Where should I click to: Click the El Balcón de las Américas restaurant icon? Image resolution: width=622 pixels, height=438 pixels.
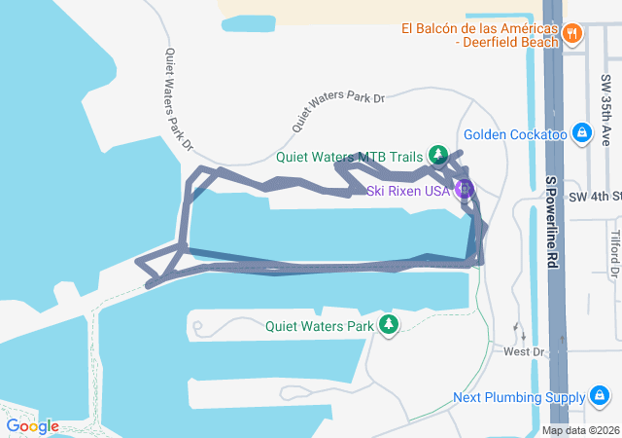pos(572,34)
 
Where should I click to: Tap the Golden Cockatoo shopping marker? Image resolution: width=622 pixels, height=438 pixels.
pos(581,132)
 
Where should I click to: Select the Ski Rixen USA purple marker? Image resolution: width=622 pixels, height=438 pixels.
pos(465,188)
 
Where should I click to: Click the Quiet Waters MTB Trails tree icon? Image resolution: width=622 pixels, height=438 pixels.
pos(437,155)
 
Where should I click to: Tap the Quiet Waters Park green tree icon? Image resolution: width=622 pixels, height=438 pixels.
pos(389,324)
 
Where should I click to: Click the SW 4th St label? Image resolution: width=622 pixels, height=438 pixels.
pos(594,197)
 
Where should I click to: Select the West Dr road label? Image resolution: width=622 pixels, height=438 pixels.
pos(520,350)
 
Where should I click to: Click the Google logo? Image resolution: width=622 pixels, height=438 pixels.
pos(32,425)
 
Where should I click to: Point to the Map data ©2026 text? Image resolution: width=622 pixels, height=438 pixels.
pos(580,430)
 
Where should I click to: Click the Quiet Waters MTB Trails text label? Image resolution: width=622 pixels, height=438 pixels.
pos(350,156)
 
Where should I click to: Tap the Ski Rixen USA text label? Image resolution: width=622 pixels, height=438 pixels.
pos(408,191)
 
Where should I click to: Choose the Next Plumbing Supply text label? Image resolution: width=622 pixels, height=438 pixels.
pos(519,397)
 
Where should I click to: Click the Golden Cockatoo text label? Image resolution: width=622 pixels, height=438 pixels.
pos(515,134)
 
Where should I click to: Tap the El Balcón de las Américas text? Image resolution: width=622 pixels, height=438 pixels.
pos(480,34)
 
